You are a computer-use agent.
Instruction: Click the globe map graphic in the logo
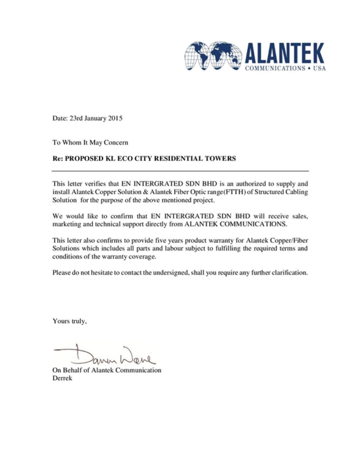[213, 56]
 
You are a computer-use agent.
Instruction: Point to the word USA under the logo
[319, 68]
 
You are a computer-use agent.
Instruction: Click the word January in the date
[95, 118]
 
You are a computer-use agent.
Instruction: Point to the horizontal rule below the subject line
[180, 171]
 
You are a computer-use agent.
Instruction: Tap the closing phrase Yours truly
[70, 321]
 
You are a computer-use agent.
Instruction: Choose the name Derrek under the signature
[62, 378]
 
